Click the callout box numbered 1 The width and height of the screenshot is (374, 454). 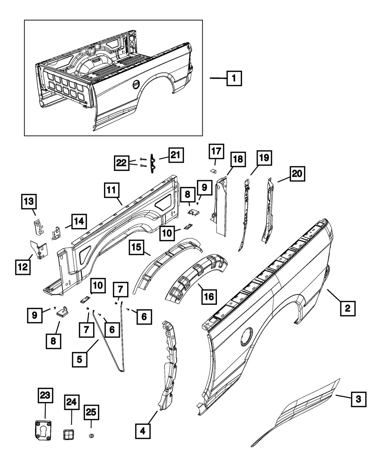coord(233,79)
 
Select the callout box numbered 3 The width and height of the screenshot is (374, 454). coord(358,399)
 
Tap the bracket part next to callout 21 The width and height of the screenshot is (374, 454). coord(153,163)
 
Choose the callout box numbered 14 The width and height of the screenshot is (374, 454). coord(78,222)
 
